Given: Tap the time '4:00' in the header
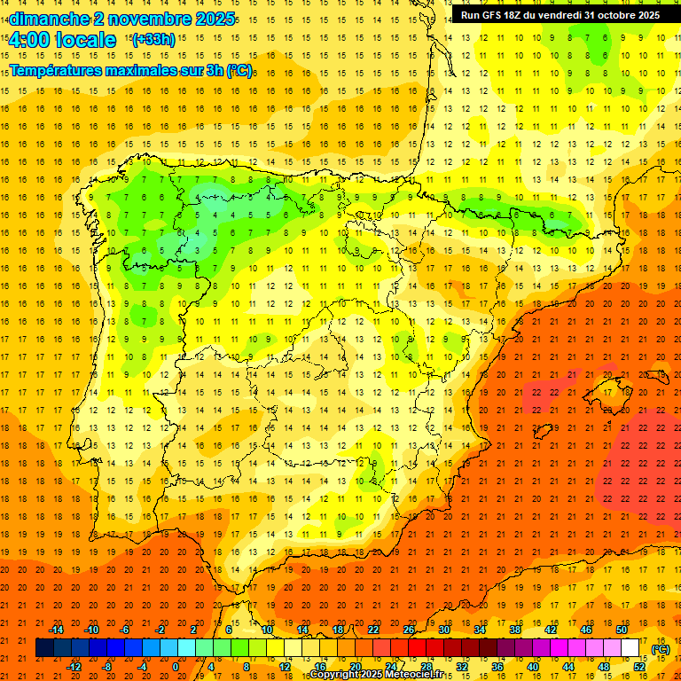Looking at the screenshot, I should [x=27, y=40].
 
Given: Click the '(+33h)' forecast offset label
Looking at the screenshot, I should [x=153, y=39].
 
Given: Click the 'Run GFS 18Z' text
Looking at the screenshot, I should [x=497, y=15].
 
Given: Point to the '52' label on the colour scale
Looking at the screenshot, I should [x=639, y=667].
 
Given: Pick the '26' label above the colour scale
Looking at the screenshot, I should [x=409, y=630].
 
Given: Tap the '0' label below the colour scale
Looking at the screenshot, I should [x=176, y=667].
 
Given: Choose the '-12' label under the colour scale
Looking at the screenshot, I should [x=74, y=667].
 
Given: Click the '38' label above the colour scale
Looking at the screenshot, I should [x=515, y=630].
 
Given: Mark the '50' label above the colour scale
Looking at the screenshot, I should [x=622, y=630].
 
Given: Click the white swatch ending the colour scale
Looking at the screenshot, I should [x=630, y=648].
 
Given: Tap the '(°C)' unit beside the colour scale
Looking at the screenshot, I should [x=661, y=649].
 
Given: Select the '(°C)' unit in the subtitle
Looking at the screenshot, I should [x=239, y=70].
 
